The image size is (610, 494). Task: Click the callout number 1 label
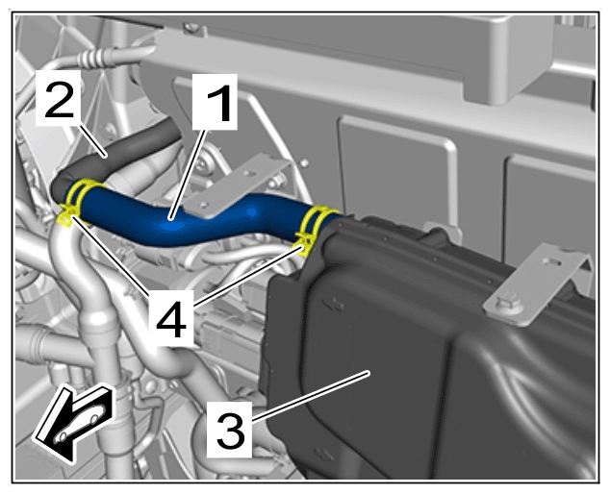(215, 102)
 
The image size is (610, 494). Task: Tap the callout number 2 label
(59, 98)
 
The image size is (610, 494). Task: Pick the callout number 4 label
(170, 317)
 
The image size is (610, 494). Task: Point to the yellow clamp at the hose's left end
(74, 201)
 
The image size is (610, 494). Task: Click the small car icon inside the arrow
(81, 425)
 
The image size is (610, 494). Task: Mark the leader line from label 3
(310, 396)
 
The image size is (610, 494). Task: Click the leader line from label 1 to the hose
(188, 175)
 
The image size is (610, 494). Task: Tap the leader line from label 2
(93, 141)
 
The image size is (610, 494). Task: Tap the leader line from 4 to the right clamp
(247, 275)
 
